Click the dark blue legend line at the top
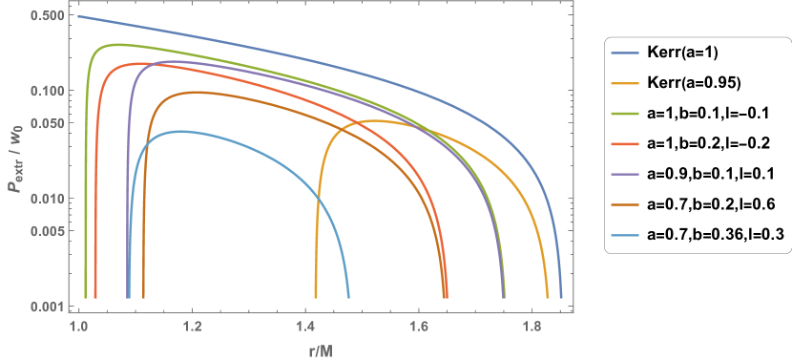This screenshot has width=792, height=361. [x=625, y=53]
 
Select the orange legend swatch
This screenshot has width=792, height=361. [x=625, y=83]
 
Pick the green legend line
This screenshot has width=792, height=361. [x=625, y=114]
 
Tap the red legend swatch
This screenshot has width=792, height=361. [x=625, y=144]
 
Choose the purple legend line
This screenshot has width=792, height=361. [x=625, y=175]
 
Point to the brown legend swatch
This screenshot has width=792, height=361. [x=625, y=204]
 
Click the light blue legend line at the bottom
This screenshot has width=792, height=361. [x=625, y=235]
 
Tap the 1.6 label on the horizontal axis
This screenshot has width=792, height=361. [x=418, y=327]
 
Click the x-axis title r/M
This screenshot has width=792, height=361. [x=319, y=350]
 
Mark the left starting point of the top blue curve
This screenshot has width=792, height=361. [x=79, y=16]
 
